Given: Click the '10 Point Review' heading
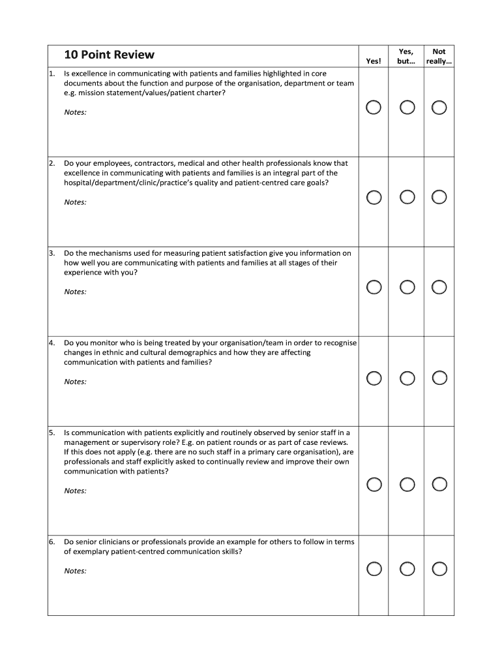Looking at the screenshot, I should tap(110, 55).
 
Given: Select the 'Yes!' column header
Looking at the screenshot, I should tap(374, 61).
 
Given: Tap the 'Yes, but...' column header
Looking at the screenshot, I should tap(406, 56).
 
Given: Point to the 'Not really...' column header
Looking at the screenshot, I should tap(439, 56).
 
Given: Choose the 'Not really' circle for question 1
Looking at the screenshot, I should tap(439, 108).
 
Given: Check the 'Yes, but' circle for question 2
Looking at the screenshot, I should tap(407, 197).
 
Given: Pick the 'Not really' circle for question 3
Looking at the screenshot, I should tap(439, 287).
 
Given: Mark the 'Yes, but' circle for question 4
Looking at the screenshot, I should tap(407, 378).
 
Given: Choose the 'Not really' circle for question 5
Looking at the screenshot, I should tap(439, 484).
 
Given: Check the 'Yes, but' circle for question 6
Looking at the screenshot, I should tap(407, 569).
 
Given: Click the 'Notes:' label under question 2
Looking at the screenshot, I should tap(75, 202).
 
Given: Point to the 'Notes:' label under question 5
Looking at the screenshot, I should tap(75, 491).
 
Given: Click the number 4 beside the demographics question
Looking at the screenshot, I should tap(51, 342).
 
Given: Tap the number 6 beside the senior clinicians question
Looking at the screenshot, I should tap(51, 542).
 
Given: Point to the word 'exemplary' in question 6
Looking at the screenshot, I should tap(90, 551).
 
